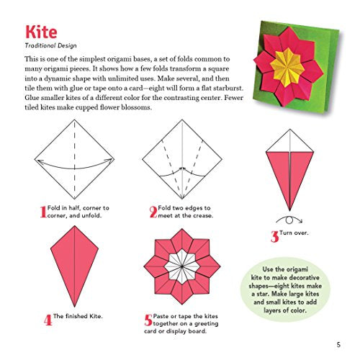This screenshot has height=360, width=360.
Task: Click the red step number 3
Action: pos(274,235)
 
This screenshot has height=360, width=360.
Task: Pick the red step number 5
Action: pos(149,320)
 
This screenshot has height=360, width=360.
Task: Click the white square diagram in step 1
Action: pos(76,158)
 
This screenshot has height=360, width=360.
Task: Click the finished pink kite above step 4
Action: pos(76,266)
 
